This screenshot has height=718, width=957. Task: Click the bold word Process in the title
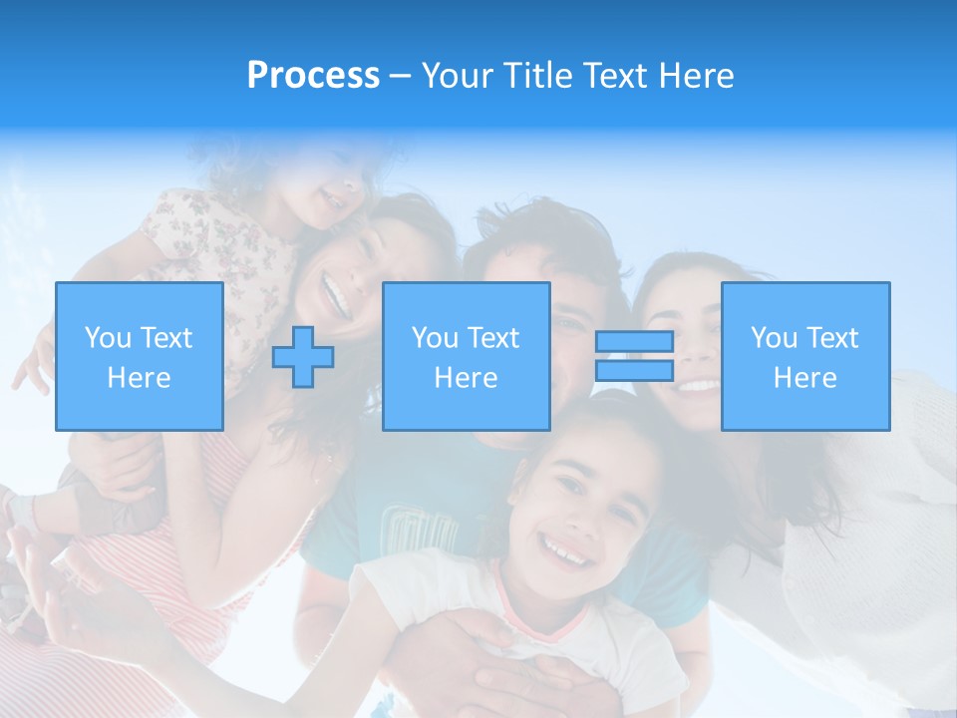point(313,75)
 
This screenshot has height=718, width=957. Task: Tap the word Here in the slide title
point(696,76)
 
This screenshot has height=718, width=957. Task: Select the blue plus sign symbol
point(303,357)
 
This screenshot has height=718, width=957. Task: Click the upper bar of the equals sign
point(634,342)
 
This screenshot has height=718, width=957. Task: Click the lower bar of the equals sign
point(634,371)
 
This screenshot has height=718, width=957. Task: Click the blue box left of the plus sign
point(139,356)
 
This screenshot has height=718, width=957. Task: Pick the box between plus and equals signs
point(466,356)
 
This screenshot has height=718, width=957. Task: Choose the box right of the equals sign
point(804,356)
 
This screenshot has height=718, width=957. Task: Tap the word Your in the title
point(458,76)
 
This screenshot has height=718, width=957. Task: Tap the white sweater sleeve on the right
point(877,469)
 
